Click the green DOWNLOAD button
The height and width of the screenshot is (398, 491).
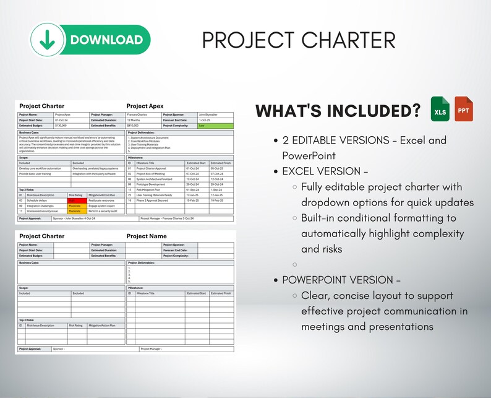(90, 40)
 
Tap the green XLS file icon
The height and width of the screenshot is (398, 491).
(440, 108)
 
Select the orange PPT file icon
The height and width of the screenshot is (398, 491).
(464, 108)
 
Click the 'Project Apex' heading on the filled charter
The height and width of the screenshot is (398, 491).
(145, 106)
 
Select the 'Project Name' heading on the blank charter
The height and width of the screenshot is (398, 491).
(147, 236)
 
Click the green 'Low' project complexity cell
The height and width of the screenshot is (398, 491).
(216, 126)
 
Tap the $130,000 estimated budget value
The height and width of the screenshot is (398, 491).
(61, 126)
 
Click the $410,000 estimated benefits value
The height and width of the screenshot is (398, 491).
(133, 126)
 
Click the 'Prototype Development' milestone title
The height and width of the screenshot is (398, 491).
(151, 184)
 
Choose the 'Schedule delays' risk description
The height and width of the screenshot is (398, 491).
(36, 201)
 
